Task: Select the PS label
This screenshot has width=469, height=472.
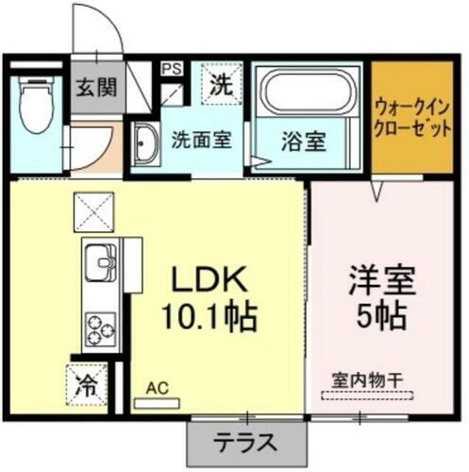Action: coord(171,69)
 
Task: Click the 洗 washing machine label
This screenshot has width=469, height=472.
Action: coord(220,83)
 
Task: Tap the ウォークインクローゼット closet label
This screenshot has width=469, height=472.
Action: coord(411,117)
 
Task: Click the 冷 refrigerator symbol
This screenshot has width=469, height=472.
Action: coord(87,385)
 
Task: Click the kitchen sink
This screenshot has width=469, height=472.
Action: coord(100,261)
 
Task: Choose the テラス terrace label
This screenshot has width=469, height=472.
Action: coord(249,440)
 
